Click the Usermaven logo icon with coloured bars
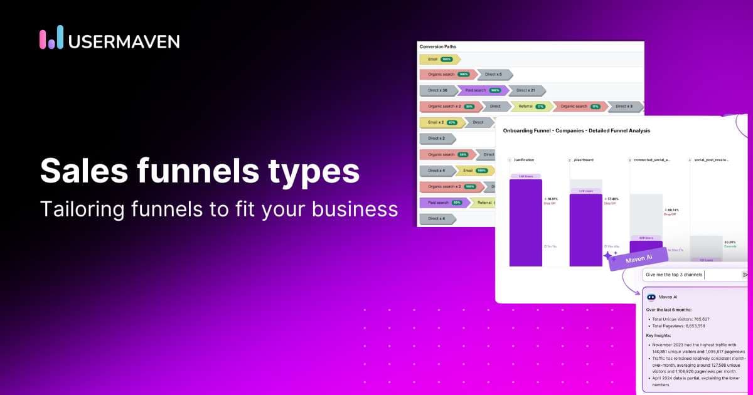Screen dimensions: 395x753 click(x=51, y=38)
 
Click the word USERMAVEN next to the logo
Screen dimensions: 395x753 click(x=124, y=41)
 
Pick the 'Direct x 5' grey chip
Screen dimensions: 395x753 click(x=494, y=75)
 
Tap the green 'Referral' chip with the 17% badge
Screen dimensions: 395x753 click(x=531, y=107)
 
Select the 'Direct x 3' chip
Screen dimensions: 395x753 click(x=624, y=107)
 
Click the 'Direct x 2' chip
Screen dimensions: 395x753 click(x=437, y=139)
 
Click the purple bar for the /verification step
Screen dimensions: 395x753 click(x=525, y=223)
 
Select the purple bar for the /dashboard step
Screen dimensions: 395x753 click(x=585, y=229)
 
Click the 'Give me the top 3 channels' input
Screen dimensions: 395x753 click(x=690, y=275)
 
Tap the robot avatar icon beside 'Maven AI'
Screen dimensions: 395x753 click(x=651, y=297)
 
